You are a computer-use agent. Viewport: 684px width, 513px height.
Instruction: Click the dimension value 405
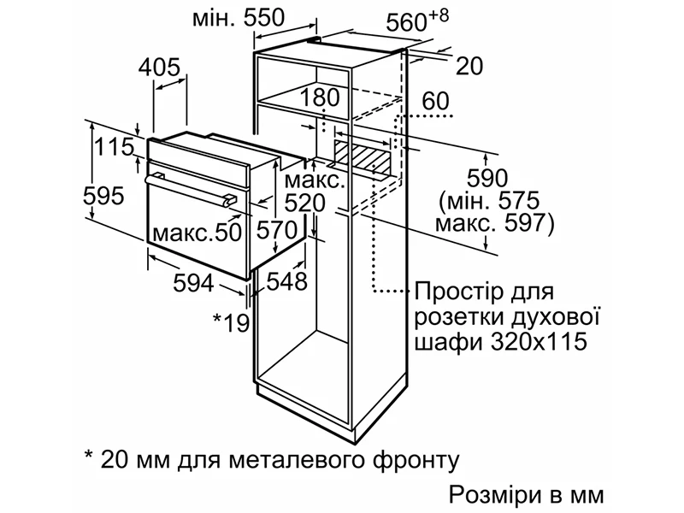[x=161, y=68]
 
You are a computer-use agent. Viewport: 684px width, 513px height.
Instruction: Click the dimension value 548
[x=286, y=282]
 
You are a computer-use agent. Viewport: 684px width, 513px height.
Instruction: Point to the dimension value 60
[x=435, y=101]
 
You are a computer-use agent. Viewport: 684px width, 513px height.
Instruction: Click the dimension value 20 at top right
[x=469, y=66]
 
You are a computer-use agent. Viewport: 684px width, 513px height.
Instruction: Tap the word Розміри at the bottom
[x=490, y=495]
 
